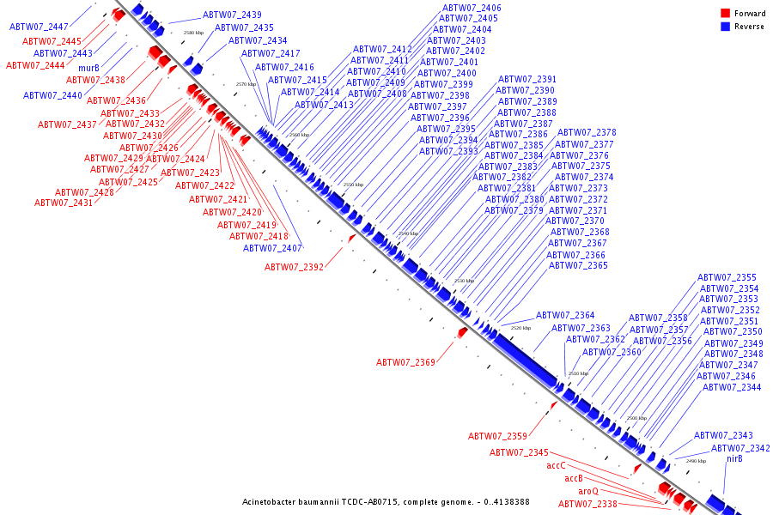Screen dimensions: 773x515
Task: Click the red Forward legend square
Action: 725,13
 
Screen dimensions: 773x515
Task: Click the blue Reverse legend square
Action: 725,27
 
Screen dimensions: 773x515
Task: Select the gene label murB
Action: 88,68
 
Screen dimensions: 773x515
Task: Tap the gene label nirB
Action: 734,459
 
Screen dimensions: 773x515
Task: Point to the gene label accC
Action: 557,466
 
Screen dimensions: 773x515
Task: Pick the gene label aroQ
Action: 588,491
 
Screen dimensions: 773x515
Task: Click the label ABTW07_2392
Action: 294,267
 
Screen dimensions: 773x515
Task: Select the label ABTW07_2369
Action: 405,362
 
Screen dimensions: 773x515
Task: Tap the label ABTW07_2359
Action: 497,436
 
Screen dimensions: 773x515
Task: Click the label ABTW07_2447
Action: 39,27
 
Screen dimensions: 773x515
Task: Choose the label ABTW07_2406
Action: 470,8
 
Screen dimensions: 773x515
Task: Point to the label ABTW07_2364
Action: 565,315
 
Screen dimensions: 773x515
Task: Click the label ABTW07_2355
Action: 727,277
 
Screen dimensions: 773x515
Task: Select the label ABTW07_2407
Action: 272,248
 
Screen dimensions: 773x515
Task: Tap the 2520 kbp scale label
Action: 520,328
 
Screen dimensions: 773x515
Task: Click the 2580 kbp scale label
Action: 193,33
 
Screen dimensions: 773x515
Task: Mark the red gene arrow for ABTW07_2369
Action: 462,332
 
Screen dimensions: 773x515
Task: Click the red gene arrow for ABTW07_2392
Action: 351,238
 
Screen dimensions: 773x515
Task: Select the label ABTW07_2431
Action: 64,203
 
